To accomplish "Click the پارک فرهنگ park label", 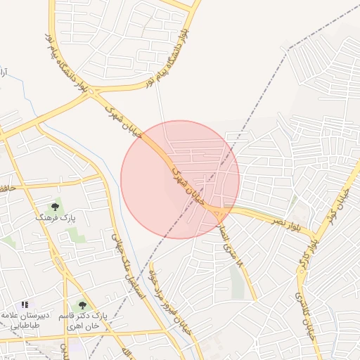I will click(x=56, y=219).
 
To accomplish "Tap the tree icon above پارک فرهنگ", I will click(x=56, y=207).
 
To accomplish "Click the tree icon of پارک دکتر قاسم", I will click(x=83, y=305).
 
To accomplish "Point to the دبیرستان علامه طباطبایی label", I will click(x=27, y=321).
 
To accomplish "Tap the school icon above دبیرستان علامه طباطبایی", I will click(x=25, y=304).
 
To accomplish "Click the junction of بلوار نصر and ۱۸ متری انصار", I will click(x=219, y=210).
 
